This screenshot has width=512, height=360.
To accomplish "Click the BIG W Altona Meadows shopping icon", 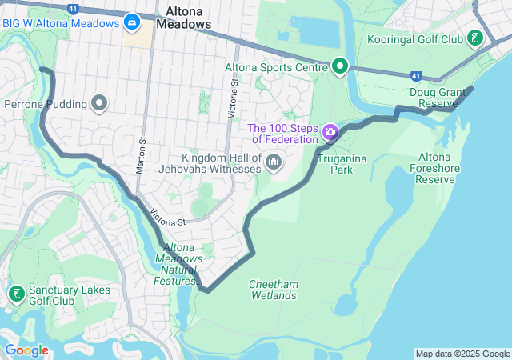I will (129, 22).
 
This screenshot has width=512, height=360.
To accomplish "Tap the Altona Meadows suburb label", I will (183, 18).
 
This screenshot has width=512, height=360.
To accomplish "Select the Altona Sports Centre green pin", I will (340, 67).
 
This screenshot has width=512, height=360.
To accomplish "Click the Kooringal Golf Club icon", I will (476, 38).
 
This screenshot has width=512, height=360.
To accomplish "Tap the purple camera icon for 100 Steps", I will (330, 130).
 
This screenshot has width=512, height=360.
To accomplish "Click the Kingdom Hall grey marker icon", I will (274, 163).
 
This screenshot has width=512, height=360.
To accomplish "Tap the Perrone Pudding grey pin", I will (99, 103).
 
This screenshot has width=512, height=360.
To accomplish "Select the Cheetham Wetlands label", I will (272, 290).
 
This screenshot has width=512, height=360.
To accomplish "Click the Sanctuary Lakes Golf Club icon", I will (15, 294).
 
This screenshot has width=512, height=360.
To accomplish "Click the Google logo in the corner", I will (26, 350).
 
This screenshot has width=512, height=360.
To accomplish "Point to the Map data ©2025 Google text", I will (462, 354).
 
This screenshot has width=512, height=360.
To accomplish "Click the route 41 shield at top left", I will (50, 8).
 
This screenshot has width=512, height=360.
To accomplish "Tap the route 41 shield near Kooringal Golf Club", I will (416, 76).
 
